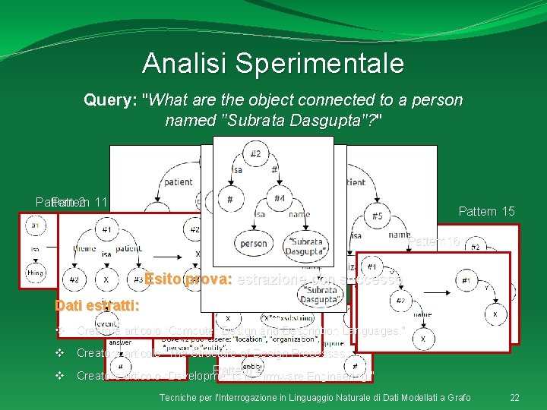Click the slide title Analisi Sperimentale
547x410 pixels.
point(273,63)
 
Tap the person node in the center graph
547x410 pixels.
point(253,244)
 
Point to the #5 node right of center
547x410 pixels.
point(378,216)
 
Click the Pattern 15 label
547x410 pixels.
point(486,211)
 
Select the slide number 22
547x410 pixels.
point(514,398)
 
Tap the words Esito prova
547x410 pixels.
point(188,279)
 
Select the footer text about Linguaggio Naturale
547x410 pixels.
point(315,398)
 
